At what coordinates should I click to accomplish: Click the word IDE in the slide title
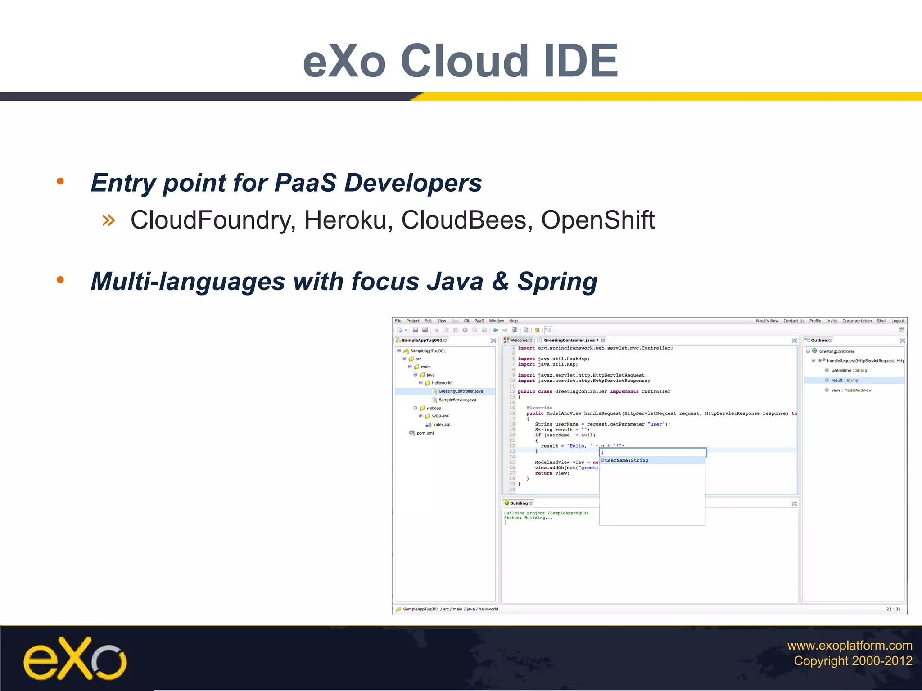pos(581,61)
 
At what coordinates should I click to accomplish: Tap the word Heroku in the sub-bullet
pos(345,220)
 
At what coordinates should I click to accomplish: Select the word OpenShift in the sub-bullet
pos(597,220)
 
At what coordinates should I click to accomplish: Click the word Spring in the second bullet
pos(557,282)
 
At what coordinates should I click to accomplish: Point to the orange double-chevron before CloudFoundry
pos(108,220)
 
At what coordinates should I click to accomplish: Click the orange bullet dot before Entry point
pos(60,182)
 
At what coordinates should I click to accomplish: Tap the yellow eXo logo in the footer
pos(74,658)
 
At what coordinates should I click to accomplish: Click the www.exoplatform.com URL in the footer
pos(849,646)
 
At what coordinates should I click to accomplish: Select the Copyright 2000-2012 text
pos(853,661)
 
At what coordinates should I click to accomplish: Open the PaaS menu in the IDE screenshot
pos(479,321)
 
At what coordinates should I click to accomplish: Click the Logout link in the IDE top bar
pos(898,321)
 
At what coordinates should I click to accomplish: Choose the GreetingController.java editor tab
pos(569,341)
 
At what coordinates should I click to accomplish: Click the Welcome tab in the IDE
pos(518,341)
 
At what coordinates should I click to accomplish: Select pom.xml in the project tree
pos(425,433)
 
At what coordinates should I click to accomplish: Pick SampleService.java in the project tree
pos(456,400)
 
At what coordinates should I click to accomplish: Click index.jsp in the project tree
pos(441,425)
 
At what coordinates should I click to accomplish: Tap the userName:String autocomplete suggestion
pos(626,461)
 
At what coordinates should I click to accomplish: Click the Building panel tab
pos(518,503)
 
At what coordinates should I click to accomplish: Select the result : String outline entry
pos(844,381)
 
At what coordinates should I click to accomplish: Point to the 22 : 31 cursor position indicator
pos(893,609)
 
